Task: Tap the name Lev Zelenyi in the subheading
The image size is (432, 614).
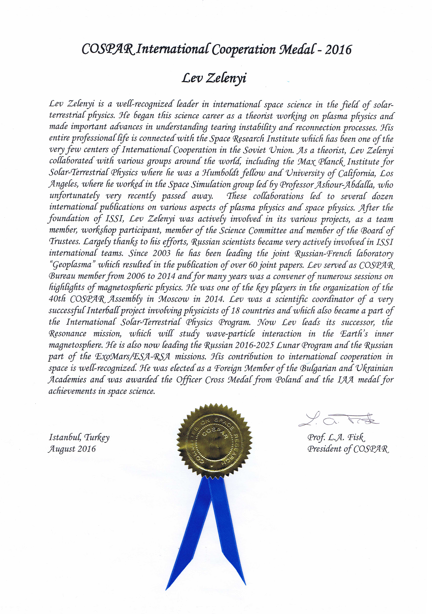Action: tap(214, 78)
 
